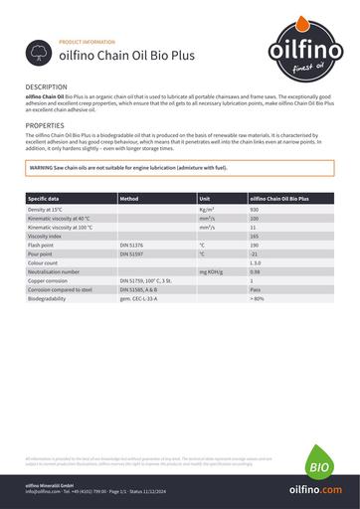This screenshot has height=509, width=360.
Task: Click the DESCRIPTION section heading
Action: tap(47, 88)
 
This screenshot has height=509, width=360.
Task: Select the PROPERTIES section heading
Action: tap(45, 126)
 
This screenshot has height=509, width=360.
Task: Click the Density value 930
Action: tap(255, 210)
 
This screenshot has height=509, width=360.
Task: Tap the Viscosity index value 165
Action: tap(255, 236)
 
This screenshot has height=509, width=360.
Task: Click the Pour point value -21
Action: tap(254, 254)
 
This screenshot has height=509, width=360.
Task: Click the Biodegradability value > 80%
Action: tap(258, 298)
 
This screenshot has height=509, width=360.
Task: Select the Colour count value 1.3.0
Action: tap(256, 262)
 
